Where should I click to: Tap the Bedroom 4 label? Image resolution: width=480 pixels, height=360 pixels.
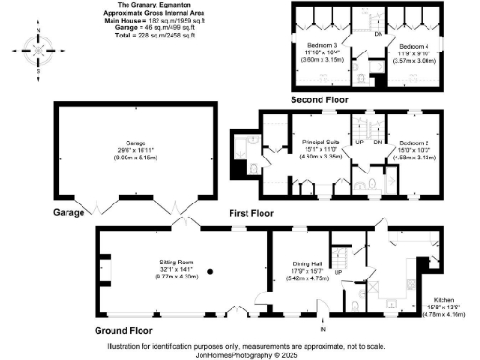pyautogui.click(x=407, y=46)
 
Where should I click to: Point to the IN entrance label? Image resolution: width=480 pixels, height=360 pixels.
pyautogui.click(x=323, y=330)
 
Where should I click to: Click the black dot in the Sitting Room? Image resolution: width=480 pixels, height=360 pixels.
pyautogui.click(x=209, y=271)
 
